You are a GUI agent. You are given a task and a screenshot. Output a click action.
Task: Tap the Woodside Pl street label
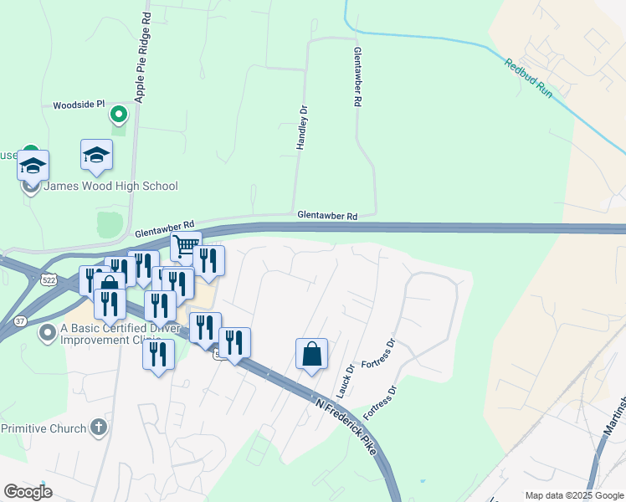[x=79, y=105]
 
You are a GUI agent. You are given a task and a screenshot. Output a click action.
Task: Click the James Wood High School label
[x=110, y=186]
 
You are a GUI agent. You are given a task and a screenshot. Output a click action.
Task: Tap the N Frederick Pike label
[x=346, y=427]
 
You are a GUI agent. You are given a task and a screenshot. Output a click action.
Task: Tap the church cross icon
[x=99, y=428]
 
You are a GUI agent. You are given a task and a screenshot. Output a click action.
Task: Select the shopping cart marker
[x=186, y=247]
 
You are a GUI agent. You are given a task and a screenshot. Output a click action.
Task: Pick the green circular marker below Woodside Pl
[x=119, y=114]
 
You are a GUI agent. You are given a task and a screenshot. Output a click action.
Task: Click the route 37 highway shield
[x=21, y=320]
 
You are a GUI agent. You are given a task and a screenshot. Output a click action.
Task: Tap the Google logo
[x=28, y=492]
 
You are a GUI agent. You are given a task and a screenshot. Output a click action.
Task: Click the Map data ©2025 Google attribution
[x=574, y=495]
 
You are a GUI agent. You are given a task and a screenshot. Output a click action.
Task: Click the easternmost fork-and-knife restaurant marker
[x=234, y=341]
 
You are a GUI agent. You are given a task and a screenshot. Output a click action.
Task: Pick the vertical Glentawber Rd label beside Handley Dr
[x=357, y=75]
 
